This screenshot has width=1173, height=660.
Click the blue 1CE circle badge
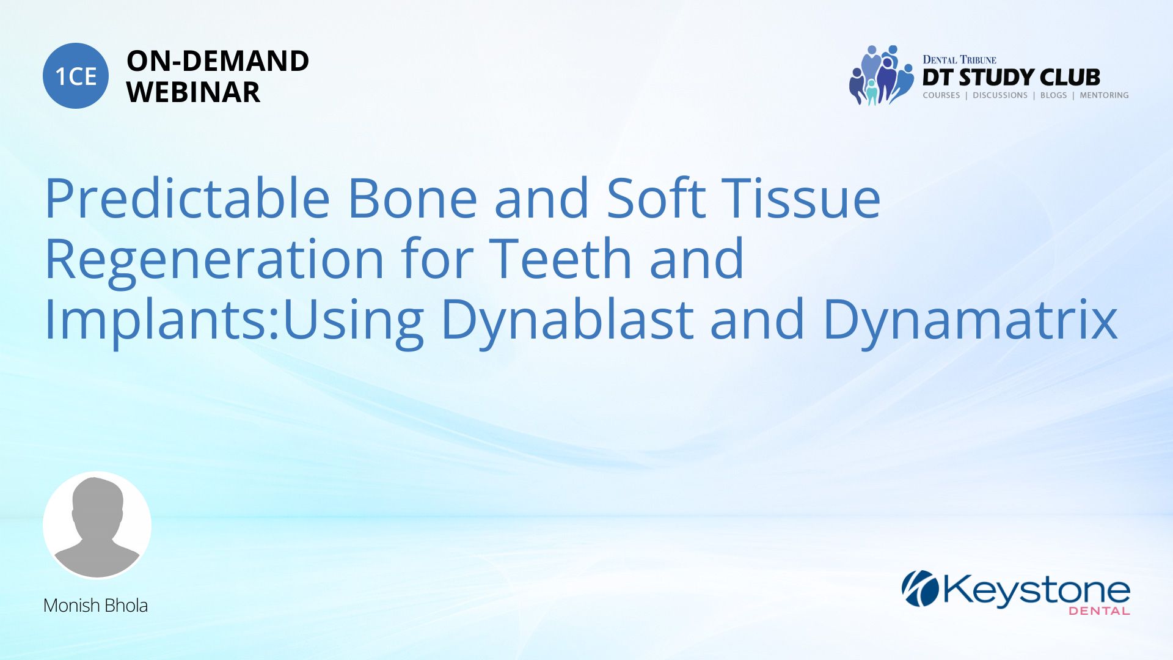[x=76, y=76]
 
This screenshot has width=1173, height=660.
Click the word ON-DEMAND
[x=217, y=61]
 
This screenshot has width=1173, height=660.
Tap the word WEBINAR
[x=193, y=92]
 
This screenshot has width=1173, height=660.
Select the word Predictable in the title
[x=188, y=198]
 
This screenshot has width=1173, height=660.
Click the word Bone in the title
[x=412, y=198]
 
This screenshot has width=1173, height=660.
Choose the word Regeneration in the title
[x=214, y=259]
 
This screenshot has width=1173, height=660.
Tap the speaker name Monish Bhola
[x=95, y=606]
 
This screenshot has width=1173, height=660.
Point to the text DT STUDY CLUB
[x=1011, y=78]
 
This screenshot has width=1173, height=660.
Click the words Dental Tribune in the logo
[x=959, y=59]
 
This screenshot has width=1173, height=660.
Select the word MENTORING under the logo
[x=1104, y=95]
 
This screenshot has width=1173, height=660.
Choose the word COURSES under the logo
[x=941, y=95]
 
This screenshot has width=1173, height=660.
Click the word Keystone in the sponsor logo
[x=1037, y=590]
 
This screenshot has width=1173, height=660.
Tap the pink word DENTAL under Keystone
[x=1099, y=610]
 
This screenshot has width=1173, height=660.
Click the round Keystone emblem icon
[x=920, y=588]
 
